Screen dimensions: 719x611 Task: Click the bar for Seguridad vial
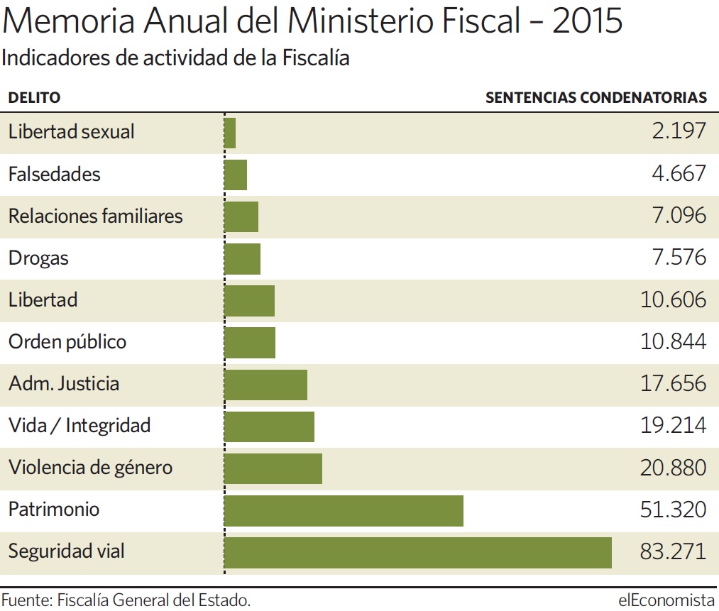[418, 553]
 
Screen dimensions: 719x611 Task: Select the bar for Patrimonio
[344, 511]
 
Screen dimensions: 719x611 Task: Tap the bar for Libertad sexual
[230, 133]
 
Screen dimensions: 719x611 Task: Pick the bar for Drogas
[242, 259]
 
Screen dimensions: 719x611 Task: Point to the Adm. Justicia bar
[265, 385]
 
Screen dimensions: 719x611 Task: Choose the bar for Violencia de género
[273, 469]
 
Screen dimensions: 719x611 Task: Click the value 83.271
[673, 551]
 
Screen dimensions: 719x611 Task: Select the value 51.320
[673, 510]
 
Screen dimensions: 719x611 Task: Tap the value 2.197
[679, 131]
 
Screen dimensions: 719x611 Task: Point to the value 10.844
[673, 341]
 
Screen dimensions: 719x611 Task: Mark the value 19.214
[673, 425]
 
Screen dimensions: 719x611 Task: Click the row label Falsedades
[54, 174]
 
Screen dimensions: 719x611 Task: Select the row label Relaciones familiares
[95, 216]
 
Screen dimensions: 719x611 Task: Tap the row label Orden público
[67, 342]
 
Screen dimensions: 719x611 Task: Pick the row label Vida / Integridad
[79, 426]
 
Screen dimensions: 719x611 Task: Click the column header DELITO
[34, 98]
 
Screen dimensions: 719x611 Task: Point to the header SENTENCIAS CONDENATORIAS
[596, 98]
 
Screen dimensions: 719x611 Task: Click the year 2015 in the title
[587, 21]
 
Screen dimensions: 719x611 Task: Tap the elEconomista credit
[666, 600]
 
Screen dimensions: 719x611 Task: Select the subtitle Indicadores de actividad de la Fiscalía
[175, 58]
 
